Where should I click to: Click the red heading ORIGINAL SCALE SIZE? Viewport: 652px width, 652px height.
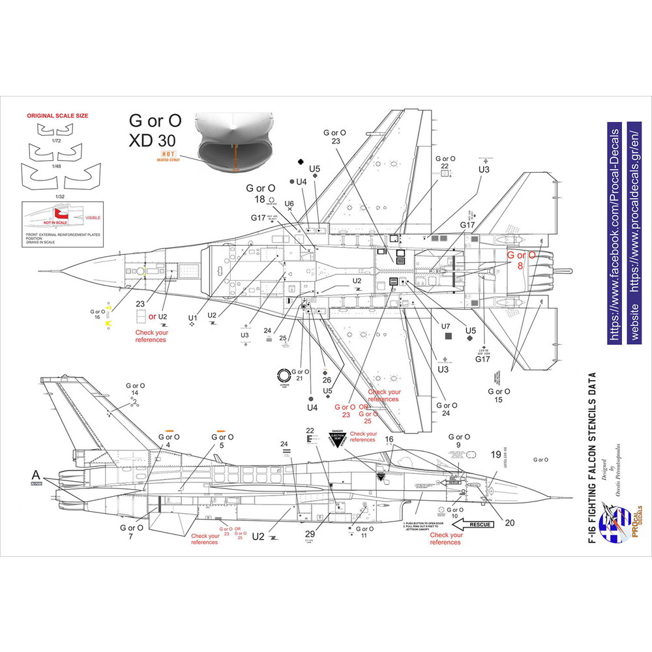[x=57, y=115]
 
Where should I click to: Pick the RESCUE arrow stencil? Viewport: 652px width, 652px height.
[x=480, y=524]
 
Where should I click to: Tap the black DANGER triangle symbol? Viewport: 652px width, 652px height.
[x=337, y=437]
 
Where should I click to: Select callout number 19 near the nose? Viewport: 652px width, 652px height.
[x=496, y=455]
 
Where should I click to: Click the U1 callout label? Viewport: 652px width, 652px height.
[x=192, y=318]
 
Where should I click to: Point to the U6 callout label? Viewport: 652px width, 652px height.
[x=289, y=203]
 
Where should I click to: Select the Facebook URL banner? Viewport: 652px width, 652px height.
[x=612, y=231]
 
